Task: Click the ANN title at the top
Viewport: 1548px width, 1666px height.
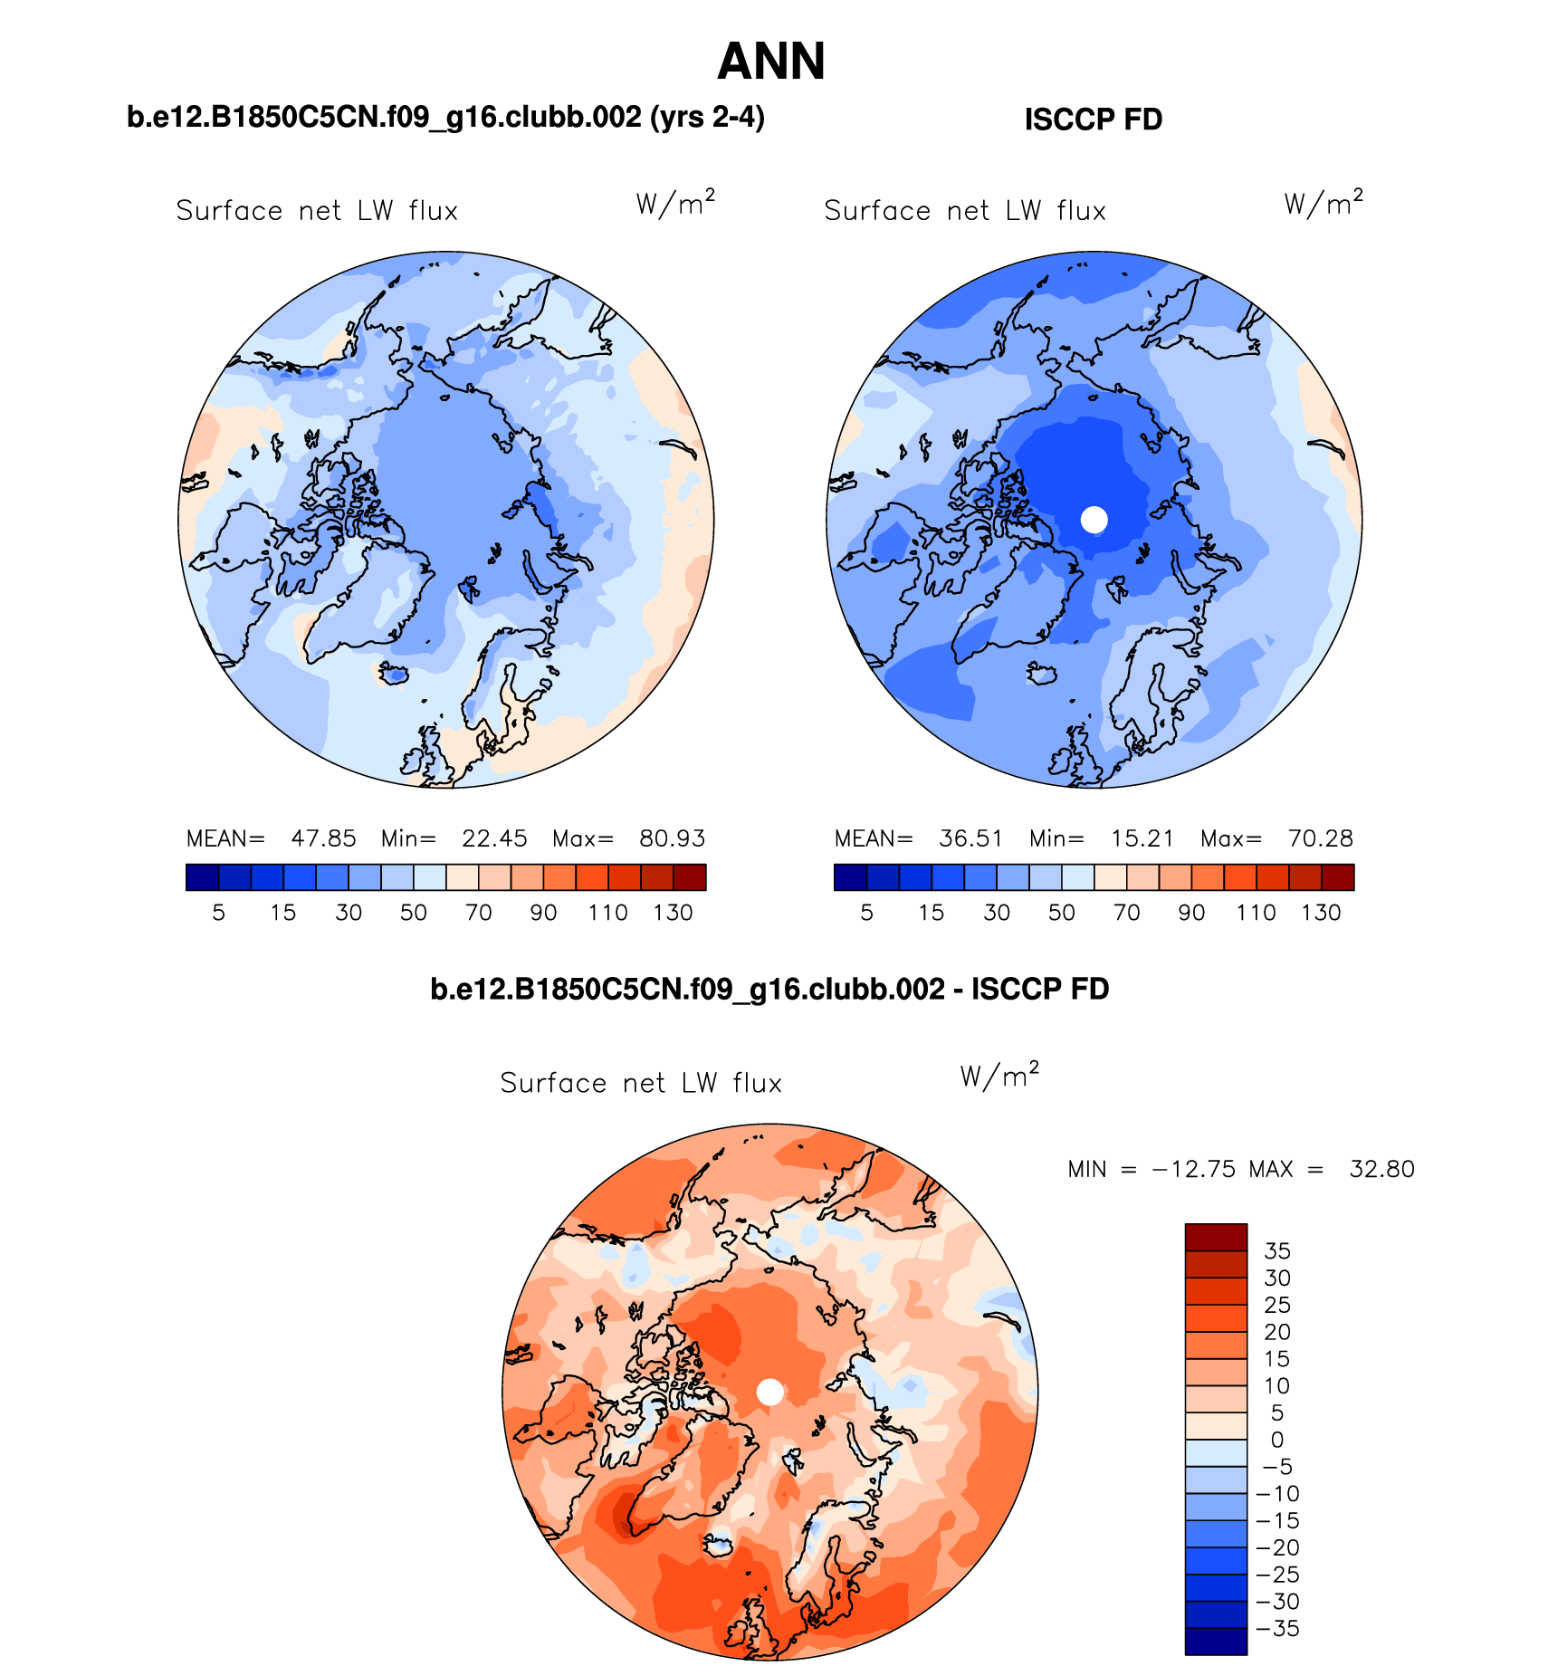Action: coord(771,62)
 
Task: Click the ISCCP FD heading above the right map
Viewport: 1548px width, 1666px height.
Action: coord(1093,120)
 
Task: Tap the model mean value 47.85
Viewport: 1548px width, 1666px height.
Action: coord(323,838)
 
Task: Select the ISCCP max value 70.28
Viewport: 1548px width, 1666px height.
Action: coord(1320,838)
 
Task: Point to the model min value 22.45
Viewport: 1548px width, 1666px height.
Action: coord(494,838)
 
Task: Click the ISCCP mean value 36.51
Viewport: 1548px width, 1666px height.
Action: coord(970,838)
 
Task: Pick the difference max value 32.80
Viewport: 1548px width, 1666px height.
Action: coord(1381,1169)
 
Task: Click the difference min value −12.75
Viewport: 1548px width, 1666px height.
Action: coord(1193,1169)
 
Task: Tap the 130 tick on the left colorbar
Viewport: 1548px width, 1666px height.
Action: coord(673,913)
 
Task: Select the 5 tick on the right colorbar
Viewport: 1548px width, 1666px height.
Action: coord(866,913)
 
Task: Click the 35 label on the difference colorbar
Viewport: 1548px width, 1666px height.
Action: coord(1276,1251)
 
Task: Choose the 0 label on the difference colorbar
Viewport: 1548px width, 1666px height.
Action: coord(1276,1440)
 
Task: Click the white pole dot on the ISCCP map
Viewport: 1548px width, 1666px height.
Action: coord(1094,520)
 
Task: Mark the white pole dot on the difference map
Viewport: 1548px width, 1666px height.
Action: coord(769,1393)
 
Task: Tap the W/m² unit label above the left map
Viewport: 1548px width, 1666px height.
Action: coord(675,204)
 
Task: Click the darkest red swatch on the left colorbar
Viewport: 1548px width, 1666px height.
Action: coord(689,877)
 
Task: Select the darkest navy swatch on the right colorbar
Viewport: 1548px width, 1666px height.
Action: coord(850,877)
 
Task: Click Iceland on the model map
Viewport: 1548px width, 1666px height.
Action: coord(394,674)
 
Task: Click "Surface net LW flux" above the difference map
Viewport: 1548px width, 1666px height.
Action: coord(640,1083)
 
